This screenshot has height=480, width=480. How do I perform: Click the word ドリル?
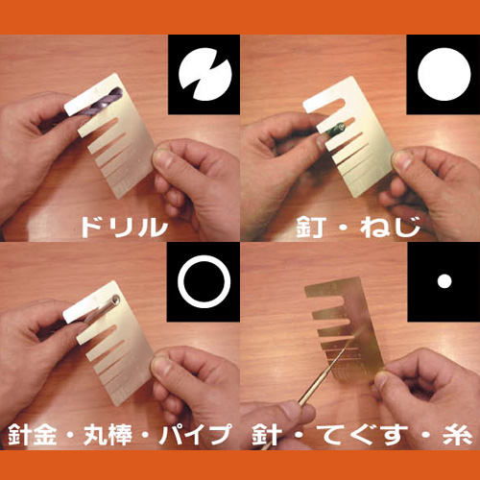click(124, 227)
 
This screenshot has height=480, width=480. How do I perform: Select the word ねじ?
click(390, 227)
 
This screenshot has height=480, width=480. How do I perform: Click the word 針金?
click(32, 434)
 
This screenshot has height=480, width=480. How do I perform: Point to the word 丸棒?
click(108, 434)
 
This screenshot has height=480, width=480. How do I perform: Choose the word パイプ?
click(195, 434)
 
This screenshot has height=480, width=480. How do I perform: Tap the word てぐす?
click(365, 434)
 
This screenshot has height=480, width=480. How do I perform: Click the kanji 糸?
click(458, 434)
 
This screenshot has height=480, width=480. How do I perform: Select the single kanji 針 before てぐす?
click(267, 434)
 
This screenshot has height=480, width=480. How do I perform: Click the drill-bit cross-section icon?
click(204, 74)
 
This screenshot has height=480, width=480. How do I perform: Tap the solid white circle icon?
click(444, 74)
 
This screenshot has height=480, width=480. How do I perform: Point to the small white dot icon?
click(444, 281)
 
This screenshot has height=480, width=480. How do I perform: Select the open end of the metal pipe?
click(116, 300)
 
